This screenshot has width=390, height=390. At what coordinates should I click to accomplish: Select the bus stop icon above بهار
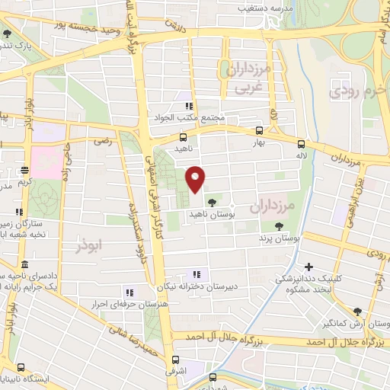[260, 130]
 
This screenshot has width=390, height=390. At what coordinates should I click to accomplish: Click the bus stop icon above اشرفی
[176, 360]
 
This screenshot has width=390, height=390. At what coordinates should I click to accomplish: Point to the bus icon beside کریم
[24, 171]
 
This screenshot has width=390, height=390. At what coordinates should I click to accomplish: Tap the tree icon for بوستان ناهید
[211, 202]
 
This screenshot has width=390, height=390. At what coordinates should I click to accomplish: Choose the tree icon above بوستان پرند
[279, 225]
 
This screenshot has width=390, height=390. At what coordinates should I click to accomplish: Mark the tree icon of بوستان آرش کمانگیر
[357, 311]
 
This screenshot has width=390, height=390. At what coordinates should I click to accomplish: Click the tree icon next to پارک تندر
[8, 34]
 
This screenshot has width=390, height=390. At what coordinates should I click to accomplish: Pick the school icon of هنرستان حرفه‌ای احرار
[129, 292]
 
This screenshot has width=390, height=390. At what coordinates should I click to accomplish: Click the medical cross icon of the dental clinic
[308, 267]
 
